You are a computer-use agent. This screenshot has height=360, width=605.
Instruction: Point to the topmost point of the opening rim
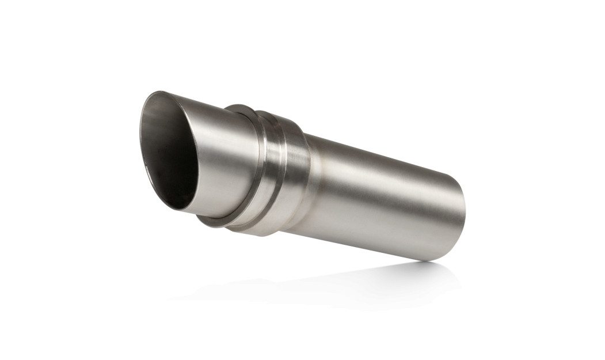[154, 92]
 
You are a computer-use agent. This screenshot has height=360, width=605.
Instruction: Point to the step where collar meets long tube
[310, 184]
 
